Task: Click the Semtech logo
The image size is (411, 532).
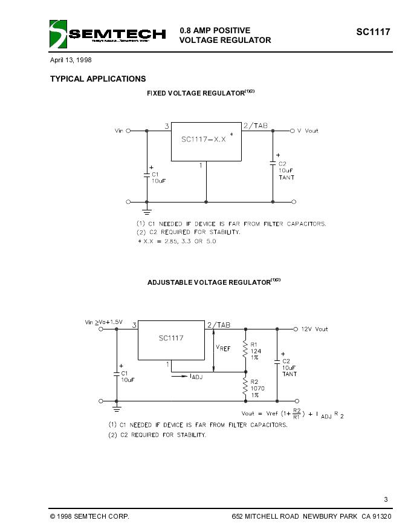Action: point(108,34)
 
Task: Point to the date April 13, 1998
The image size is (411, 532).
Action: point(71,60)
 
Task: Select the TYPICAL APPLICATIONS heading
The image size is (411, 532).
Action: point(98,79)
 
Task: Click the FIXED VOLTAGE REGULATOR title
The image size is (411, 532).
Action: point(196,93)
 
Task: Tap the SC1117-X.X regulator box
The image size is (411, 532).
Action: point(206,141)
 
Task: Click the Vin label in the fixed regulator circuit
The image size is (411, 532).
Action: point(118,131)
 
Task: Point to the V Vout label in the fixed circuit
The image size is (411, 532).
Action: point(307,131)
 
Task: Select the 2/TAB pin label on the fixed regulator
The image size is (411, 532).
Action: point(255,126)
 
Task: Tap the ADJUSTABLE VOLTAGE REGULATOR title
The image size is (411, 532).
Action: point(209,282)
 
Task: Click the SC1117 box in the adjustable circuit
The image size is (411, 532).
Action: point(172,339)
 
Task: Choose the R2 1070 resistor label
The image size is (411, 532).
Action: point(257,388)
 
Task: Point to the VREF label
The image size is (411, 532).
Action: point(223,348)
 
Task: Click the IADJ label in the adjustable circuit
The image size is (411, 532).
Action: point(196,377)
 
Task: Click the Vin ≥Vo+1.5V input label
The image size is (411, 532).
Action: point(104,322)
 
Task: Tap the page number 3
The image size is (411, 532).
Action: point(386,499)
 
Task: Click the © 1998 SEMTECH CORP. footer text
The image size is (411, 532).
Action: point(89,516)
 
